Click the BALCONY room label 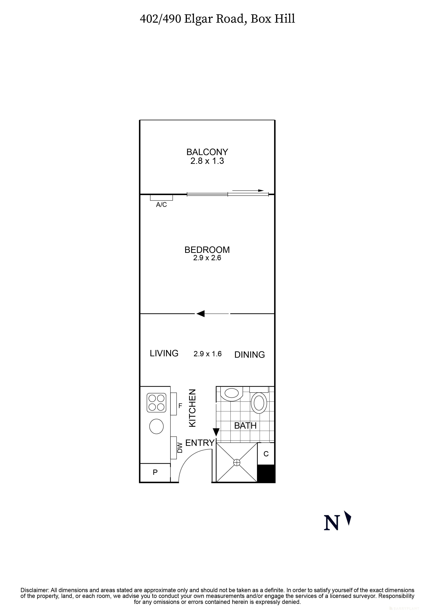(x=207, y=152)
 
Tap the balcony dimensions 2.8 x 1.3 (x=207, y=161)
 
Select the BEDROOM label (x=207, y=250)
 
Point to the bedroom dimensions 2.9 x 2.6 (x=207, y=258)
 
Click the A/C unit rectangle (x=161, y=198)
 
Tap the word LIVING (x=164, y=353)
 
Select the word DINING (x=250, y=355)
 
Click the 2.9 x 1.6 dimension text (x=208, y=354)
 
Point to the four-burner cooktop (x=156, y=402)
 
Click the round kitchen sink (x=156, y=426)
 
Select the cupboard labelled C (x=266, y=454)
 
